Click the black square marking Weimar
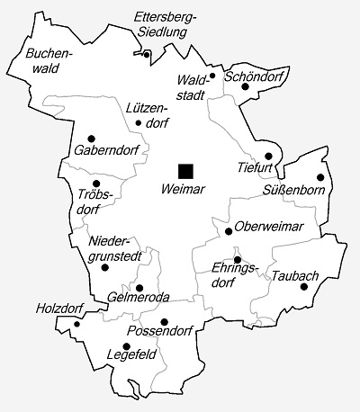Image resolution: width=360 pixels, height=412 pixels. [x=185, y=170]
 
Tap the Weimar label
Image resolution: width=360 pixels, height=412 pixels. [x=183, y=191]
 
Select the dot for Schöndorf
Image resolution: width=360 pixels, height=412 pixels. [x=245, y=87]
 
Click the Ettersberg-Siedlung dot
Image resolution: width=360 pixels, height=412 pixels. [x=147, y=54]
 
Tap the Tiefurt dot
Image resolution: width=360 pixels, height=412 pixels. [x=268, y=156]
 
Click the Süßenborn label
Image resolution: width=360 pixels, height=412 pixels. [x=290, y=191]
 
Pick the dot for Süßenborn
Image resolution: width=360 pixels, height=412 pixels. [x=319, y=177]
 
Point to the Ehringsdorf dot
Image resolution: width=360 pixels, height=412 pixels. [x=238, y=259]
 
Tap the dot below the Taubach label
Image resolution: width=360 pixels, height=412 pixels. [x=304, y=288]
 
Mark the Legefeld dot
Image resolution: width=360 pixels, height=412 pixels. [x=125, y=345]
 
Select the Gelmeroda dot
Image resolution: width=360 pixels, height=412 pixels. [x=139, y=288]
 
